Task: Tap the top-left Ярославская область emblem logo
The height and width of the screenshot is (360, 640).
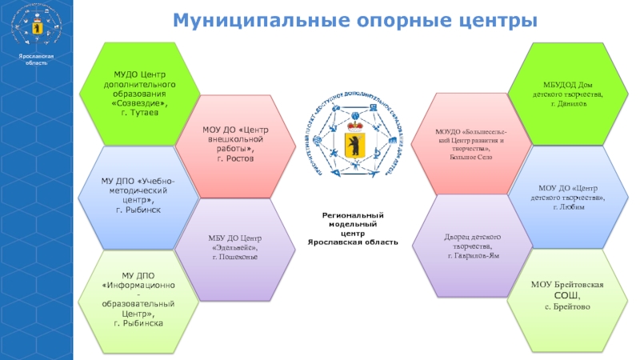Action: pyautogui.click(x=36, y=30)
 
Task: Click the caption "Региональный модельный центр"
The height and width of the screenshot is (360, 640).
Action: pyautogui.click(x=353, y=228)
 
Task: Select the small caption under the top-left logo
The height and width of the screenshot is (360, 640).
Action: pyautogui.click(x=36, y=59)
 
